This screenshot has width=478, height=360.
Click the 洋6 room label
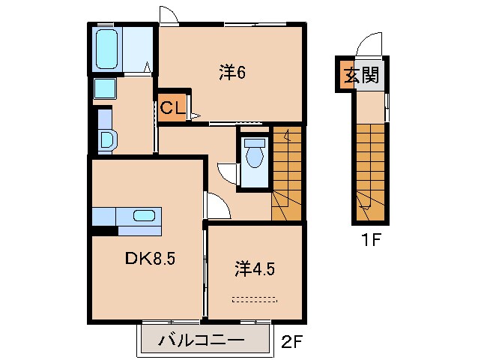232,73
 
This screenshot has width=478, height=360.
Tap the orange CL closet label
172,108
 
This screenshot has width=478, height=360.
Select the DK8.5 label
149,259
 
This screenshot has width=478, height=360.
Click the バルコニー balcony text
201,341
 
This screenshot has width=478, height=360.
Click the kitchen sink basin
145,216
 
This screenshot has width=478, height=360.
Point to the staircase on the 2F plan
287,172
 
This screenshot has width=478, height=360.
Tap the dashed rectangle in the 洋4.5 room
254,299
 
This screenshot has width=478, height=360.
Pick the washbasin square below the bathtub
104,90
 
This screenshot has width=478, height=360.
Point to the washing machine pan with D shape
106,139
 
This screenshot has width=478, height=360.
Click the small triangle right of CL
194,115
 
